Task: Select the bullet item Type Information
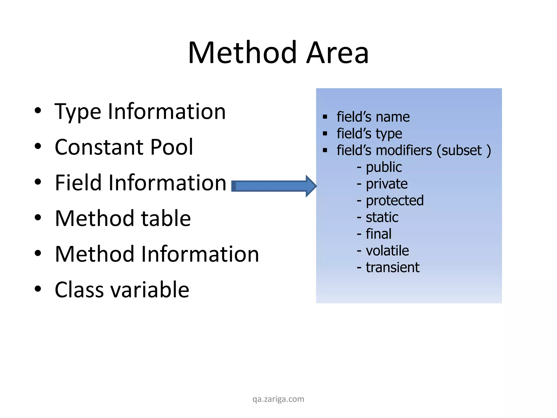coord(140,112)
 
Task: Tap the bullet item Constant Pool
coord(124,147)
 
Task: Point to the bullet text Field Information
coord(140,183)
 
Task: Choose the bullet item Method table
coord(123,218)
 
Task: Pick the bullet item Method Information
coord(157,254)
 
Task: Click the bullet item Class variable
coord(122,290)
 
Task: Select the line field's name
coord(373,117)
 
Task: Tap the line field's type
coord(369,134)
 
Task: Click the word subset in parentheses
coord(462,150)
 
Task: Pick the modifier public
coord(384,167)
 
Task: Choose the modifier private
coord(386,184)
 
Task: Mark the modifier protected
coord(395,201)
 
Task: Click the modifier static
coord(382,217)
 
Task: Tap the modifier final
coord(379,234)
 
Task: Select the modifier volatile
coord(387,251)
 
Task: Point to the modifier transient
coord(392,267)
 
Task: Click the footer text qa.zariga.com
coord(278,399)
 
